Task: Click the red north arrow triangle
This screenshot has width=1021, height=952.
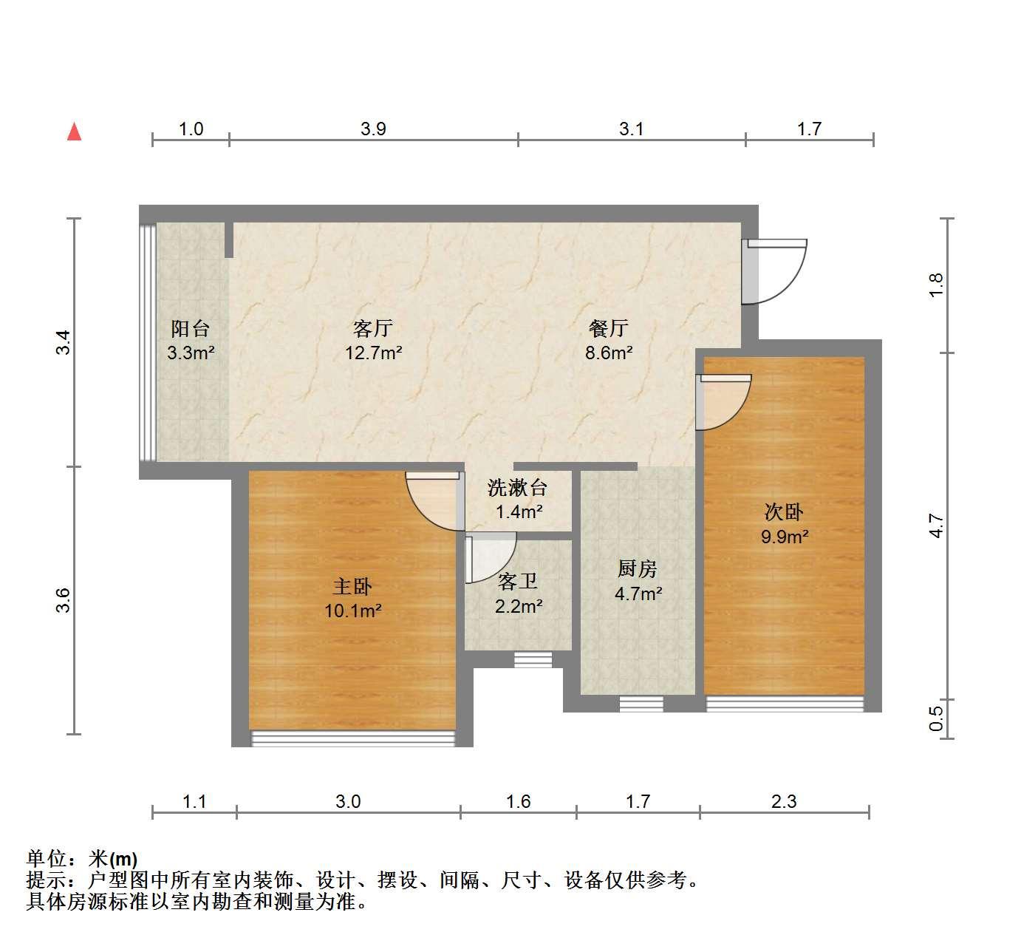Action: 75,132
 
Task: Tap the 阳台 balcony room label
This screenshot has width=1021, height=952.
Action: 190,328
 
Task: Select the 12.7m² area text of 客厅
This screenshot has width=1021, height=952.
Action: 373,353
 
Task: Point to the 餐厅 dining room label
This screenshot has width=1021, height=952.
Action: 609,328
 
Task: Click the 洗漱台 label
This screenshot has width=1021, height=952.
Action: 517,488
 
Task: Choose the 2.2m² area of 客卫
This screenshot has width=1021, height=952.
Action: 519,606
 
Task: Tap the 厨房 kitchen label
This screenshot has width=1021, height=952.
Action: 638,568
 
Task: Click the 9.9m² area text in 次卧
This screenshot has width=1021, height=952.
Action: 785,537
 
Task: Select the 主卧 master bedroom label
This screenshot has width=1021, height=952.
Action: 352,586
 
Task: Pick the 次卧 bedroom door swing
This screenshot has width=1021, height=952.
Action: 723,402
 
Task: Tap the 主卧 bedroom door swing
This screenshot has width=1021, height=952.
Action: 435,500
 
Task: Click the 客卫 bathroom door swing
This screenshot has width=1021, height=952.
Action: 491,558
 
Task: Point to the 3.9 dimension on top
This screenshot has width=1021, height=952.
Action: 373,129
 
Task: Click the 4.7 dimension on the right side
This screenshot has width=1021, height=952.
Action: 937,526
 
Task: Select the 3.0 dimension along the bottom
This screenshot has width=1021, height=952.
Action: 348,802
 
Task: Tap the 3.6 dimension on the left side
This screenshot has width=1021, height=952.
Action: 63,600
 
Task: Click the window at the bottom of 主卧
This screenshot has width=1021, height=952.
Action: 352,738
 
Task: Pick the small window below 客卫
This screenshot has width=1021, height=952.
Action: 533,660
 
